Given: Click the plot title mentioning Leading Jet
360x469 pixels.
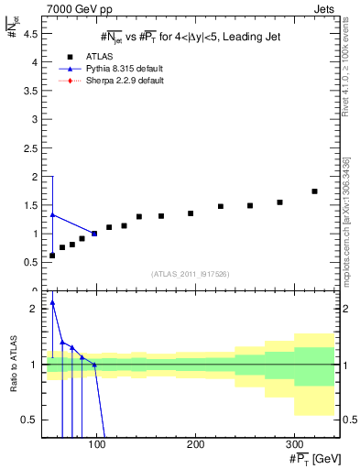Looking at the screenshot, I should pos(189,36).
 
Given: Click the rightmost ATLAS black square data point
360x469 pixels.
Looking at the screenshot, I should pos(314,191).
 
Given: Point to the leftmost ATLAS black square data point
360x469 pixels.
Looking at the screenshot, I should pos(52,255).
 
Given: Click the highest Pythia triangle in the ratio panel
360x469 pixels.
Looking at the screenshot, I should pos(52,303).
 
